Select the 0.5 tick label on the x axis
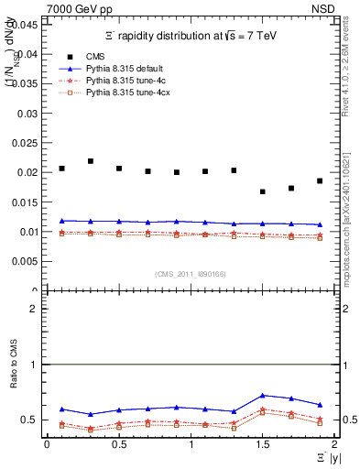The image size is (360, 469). [x=118, y=444]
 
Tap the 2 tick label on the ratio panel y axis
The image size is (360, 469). [x=34, y=309]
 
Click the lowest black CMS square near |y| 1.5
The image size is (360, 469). [x=263, y=191]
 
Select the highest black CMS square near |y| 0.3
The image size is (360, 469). [x=90, y=161]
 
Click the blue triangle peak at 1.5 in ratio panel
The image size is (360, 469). [x=263, y=395]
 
